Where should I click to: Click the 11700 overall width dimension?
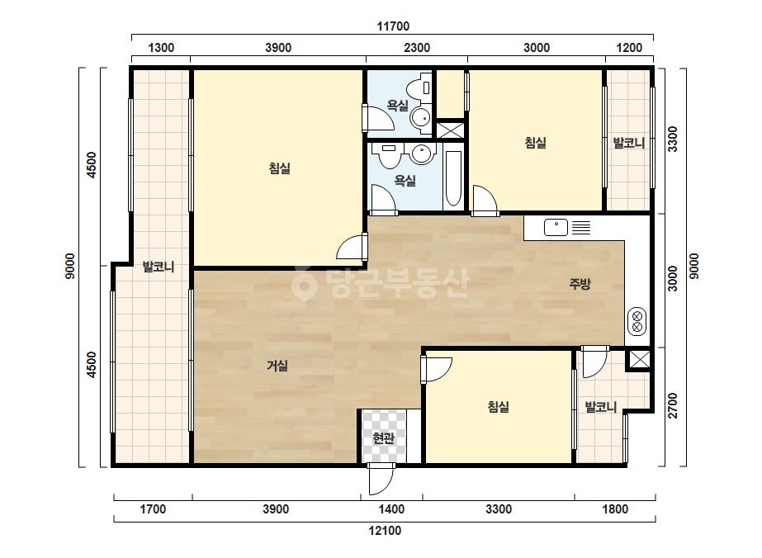click(x=393, y=26)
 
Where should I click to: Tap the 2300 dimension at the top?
click(x=417, y=48)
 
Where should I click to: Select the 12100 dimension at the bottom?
click(x=385, y=530)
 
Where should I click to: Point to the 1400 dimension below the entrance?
click(x=391, y=509)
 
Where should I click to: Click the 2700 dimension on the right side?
click(x=672, y=405)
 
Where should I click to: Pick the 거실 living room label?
click(x=277, y=366)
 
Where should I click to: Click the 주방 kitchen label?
click(x=580, y=284)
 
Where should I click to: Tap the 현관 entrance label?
click(x=383, y=438)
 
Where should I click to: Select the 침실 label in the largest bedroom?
click(x=279, y=168)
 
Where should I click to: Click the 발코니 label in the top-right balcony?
click(x=629, y=143)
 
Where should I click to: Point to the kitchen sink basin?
click(x=556, y=228)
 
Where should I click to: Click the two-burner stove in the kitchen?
click(x=637, y=321)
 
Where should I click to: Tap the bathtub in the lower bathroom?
click(x=453, y=178)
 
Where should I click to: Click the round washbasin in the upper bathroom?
click(x=420, y=117)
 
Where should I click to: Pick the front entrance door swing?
click(x=381, y=479)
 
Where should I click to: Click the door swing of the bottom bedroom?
click(x=437, y=370)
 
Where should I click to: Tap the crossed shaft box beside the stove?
click(x=640, y=360)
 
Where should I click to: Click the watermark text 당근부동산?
click(x=381, y=282)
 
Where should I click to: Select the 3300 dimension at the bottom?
click(x=499, y=509)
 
